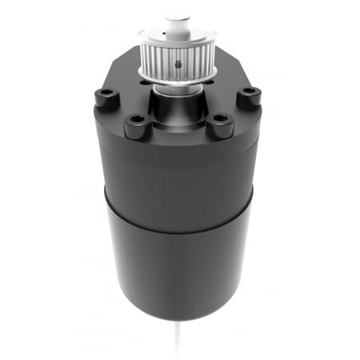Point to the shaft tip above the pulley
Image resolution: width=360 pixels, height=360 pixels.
coord(178,18)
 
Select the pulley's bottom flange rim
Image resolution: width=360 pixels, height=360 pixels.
coord(177,78)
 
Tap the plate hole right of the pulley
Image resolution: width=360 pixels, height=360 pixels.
coord(213,79)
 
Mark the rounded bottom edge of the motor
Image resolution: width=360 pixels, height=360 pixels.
coord(178,314)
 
